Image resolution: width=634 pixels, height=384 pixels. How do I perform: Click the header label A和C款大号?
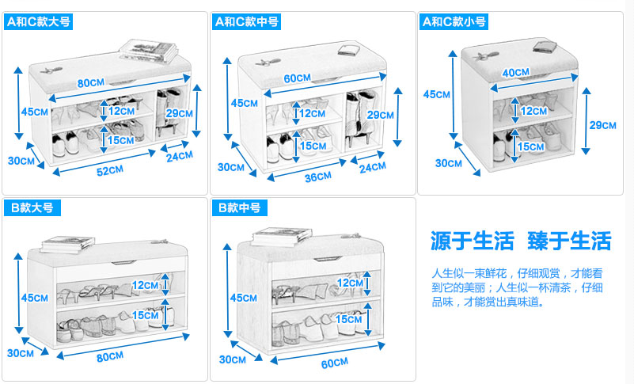(38, 22)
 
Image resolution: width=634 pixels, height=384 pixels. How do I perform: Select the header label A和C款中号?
(246, 22)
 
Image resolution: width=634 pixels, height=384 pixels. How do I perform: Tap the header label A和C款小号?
(454, 22)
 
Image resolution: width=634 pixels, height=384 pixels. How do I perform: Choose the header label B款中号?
(239, 208)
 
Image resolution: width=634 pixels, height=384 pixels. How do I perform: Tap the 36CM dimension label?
(318, 176)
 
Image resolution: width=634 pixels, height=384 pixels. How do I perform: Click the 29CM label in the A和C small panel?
(602, 125)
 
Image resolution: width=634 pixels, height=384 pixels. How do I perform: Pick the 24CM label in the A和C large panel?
(180, 156)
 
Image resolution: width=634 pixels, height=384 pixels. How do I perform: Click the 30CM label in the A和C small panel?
(449, 163)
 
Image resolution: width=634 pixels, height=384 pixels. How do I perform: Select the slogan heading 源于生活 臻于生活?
(520, 241)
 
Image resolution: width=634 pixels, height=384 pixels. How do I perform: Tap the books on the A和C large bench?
(149, 50)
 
